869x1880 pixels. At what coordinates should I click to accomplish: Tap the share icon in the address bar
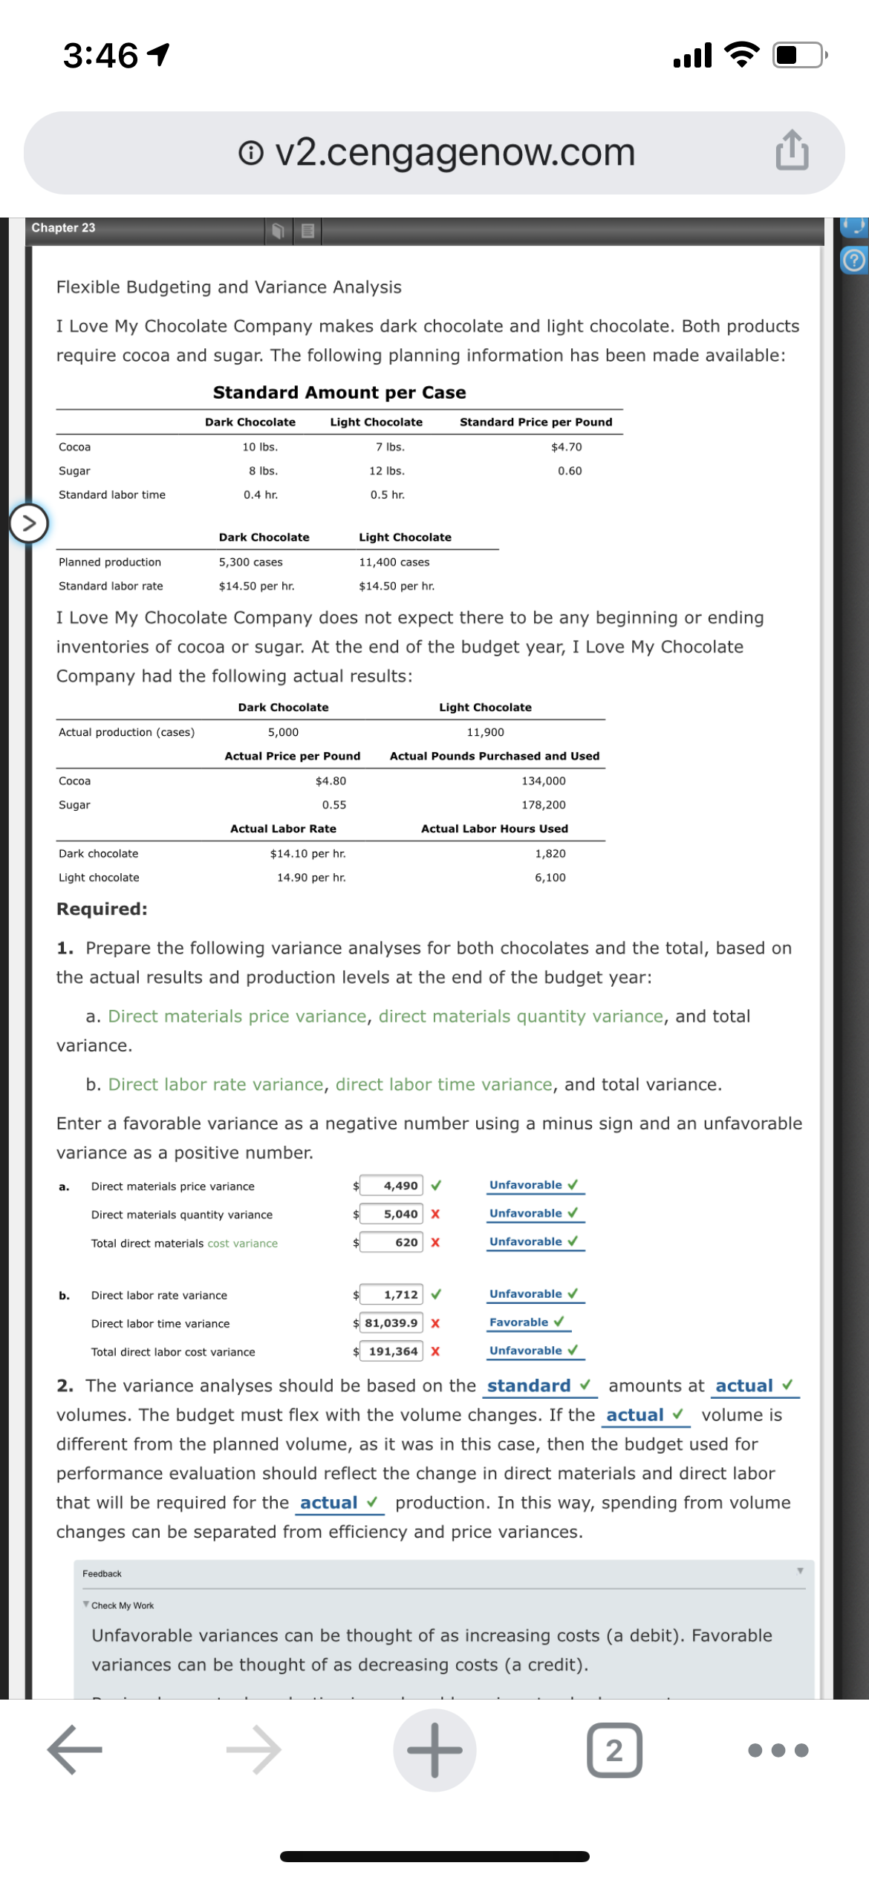[x=792, y=151]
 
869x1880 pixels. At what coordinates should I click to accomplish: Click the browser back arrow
[x=74, y=1750]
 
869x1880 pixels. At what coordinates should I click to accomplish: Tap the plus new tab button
[x=434, y=1750]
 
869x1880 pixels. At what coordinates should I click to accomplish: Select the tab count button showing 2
[x=614, y=1750]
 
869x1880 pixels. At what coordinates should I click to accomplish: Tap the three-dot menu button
[x=778, y=1750]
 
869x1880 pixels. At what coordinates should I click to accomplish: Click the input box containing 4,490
[x=391, y=1186]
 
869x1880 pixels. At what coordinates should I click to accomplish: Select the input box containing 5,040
[x=391, y=1214]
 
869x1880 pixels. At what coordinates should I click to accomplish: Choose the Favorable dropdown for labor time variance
[x=526, y=1322]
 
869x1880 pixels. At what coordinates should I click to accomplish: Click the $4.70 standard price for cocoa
[x=566, y=447]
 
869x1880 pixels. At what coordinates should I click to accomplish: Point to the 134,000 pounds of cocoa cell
[x=543, y=781]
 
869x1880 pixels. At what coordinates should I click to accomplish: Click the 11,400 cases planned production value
[x=394, y=562]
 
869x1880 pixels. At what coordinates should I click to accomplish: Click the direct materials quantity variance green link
[x=520, y=1016]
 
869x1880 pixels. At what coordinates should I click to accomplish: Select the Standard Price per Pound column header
[x=536, y=422]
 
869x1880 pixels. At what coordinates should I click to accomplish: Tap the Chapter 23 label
[x=63, y=228]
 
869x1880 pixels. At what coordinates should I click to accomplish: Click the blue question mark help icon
[x=854, y=261]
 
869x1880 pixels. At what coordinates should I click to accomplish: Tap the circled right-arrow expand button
[x=29, y=523]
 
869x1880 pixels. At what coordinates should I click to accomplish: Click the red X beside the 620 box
[x=435, y=1242]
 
